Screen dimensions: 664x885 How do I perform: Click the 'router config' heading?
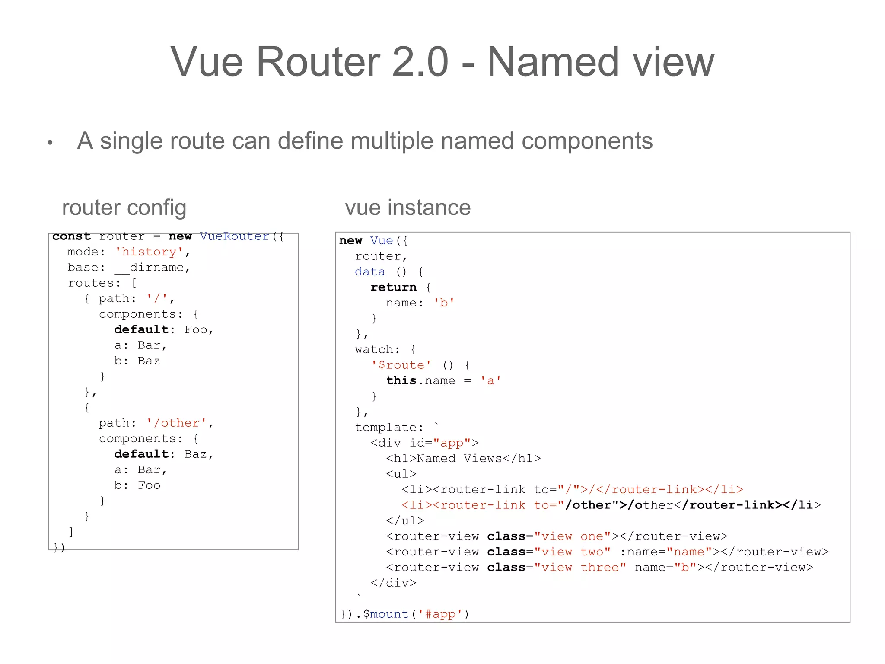[x=124, y=207]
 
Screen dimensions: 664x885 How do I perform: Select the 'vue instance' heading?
[x=407, y=207]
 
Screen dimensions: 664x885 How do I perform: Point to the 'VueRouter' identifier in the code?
[x=235, y=236]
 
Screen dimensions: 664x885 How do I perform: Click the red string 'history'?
[x=149, y=252]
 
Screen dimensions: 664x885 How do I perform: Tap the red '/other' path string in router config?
[x=176, y=423]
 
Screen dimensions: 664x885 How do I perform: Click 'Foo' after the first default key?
[x=196, y=330]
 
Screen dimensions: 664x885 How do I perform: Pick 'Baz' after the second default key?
[x=195, y=454]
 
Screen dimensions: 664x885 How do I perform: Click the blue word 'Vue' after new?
[x=382, y=241]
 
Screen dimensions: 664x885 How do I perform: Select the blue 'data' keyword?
[x=370, y=272]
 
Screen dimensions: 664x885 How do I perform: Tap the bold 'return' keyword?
[x=393, y=287]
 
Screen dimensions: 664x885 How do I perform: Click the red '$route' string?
[x=401, y=365]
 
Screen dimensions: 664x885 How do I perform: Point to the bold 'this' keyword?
[x=401, y=381]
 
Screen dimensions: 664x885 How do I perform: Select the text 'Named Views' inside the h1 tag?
[x=459, y=459]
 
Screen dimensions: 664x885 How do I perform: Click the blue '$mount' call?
[x=385, y=614]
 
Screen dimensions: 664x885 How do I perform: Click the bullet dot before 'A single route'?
[x=50, y=142]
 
